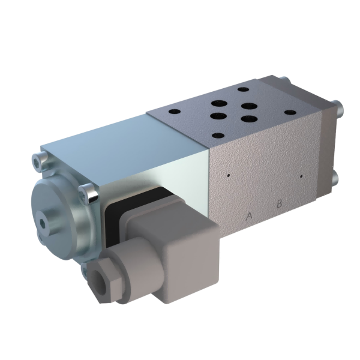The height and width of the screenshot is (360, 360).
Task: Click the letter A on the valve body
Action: [249, 216]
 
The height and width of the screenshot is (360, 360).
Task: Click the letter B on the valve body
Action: [279, 203]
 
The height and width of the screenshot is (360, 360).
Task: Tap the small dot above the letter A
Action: [229, 176]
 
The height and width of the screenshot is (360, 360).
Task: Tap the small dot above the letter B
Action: [301, 176]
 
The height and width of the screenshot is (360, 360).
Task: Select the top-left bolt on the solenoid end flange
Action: [38, 159]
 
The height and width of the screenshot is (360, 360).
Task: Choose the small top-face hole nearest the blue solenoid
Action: [175, 112]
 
